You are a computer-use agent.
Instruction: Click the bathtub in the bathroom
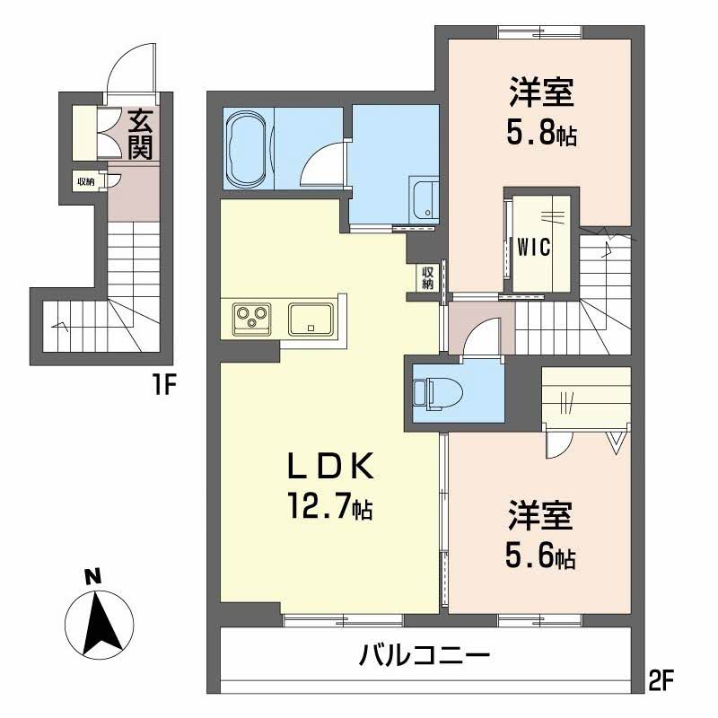[248, 148]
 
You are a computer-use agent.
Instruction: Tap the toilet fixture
[438, 392]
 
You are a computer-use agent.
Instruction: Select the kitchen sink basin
[311, 319]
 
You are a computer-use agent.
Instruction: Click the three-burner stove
[252, 319]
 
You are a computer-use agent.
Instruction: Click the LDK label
[330, 467]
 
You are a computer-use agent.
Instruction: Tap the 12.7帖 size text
[329, 505]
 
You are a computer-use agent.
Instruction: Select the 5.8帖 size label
[541, 132]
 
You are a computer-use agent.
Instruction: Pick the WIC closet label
[533, 248]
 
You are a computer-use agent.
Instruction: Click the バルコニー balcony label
[424, 655]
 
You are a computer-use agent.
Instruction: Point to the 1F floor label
[163, 385]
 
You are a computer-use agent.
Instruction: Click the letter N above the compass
[93, 576]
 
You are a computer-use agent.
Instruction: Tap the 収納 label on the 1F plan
[85, 182]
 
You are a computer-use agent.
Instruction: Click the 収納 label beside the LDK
[428, 277]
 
